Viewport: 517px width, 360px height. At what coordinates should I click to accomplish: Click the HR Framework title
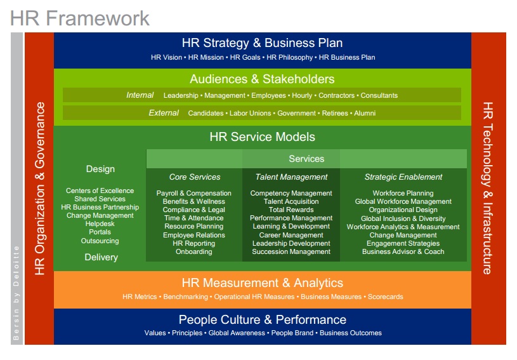coord(80,18)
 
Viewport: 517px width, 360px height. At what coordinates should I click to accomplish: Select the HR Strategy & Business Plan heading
coord(262,43)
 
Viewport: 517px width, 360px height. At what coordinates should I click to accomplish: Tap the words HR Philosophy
coord(289,57)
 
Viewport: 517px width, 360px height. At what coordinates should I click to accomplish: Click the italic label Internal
coord(140,95)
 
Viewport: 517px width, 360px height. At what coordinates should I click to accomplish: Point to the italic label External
coord(164,113)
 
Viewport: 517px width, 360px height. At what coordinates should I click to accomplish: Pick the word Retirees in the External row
coord(335,113)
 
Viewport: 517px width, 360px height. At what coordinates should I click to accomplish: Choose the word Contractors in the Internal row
coord(336,95)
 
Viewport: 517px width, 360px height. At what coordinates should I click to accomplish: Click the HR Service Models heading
coord(262,137)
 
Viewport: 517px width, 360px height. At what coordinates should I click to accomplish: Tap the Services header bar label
coord(306,159)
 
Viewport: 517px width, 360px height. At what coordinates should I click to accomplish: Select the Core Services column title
coord(195,177)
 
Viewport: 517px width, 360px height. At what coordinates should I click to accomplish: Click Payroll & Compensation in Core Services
coord(194,193)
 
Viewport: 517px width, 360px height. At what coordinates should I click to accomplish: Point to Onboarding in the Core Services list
coord(194,251)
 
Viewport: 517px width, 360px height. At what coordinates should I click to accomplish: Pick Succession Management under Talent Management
coord(291,251)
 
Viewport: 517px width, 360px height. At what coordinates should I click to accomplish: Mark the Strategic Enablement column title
coord(403,177)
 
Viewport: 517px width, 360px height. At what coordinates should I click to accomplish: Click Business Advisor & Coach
coord(403,251)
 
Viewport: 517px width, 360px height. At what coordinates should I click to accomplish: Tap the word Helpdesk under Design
coord(100,223)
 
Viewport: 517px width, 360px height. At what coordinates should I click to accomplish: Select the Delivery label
coord(101,257)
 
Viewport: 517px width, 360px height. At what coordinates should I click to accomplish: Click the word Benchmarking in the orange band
coord(185,297)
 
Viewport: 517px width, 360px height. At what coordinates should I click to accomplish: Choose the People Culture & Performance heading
coord(263,319)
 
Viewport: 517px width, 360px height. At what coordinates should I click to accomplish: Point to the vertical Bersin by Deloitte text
coord(16,293)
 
